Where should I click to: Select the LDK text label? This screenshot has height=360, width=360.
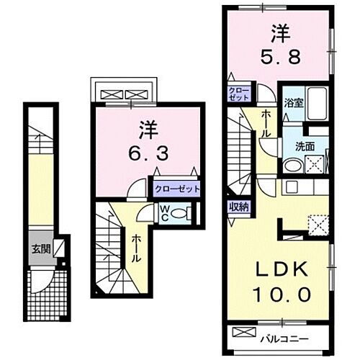coord(281,270)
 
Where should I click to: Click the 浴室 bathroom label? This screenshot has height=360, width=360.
coord(293,103)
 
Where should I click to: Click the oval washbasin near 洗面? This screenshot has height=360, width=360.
coord(292,164)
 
